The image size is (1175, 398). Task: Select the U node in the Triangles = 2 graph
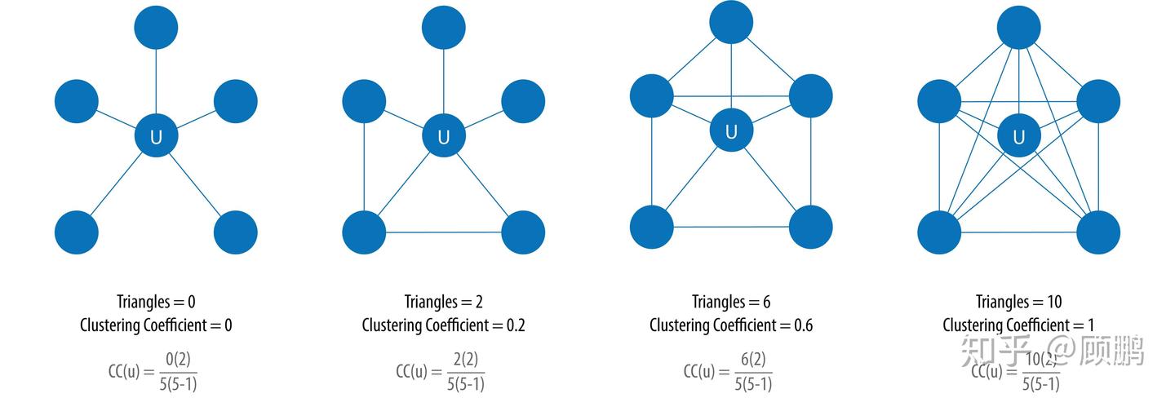pos(443,136)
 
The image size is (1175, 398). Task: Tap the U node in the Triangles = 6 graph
pos(731,130)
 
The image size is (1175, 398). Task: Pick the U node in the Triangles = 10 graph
pos(1018,136)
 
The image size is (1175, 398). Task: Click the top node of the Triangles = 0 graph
pos(156,27)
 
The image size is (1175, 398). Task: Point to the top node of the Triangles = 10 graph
pos(1018,27)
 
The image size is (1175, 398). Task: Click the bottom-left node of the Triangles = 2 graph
pos(364,232)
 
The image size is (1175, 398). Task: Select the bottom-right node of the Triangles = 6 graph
pos(810,227)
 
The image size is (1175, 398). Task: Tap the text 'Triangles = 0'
pos(156,302)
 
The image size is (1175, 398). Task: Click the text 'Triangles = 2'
pos(443,302)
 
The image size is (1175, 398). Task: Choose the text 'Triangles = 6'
pos(731,302)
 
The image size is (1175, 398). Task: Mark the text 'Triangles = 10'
pos(1018,302)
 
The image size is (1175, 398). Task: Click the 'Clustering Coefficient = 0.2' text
pos(443,325)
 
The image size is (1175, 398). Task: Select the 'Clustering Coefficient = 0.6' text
pos(731,325)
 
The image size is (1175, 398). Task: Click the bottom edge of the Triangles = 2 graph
pos(443,232)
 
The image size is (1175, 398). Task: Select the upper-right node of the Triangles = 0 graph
pos(236,101)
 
